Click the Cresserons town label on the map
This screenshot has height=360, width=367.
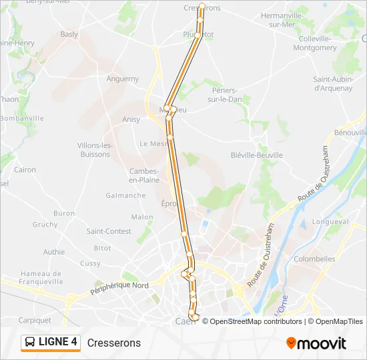click(202, 8)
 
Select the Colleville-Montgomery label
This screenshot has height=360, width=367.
click(314, 43)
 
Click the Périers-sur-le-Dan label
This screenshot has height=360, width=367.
click(224, 95)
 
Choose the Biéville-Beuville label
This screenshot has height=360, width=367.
click(256, 155)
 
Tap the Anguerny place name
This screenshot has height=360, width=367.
click(123, 79)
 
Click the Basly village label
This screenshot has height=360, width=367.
click(69, 35)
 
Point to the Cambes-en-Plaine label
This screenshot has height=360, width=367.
click(144, 175)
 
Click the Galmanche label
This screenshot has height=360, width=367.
click(125, 195)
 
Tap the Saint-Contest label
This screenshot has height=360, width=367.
click(109, 231)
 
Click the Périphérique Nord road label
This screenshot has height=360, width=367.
click(120, 289)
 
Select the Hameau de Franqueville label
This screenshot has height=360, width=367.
click(41, 277)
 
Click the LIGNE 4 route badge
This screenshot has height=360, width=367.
click(51, 343)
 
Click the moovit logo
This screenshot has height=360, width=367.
click(316, 343)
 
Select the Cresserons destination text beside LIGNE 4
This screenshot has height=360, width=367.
click(114, 343)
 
